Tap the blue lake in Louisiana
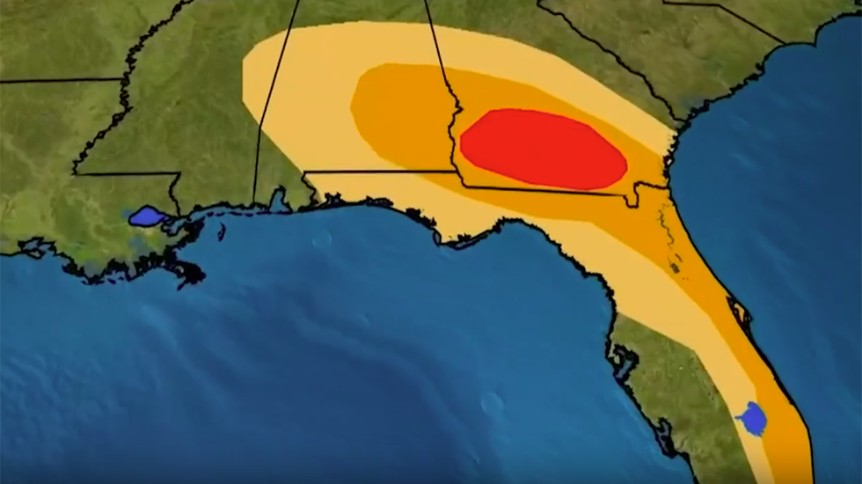click(146, 216)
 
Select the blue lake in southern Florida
click(752, 419)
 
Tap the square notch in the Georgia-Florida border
click(631, 199)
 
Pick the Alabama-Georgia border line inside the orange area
click(444, 88)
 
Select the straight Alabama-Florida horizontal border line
click(378, 172)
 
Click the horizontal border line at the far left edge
click(53, 81)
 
